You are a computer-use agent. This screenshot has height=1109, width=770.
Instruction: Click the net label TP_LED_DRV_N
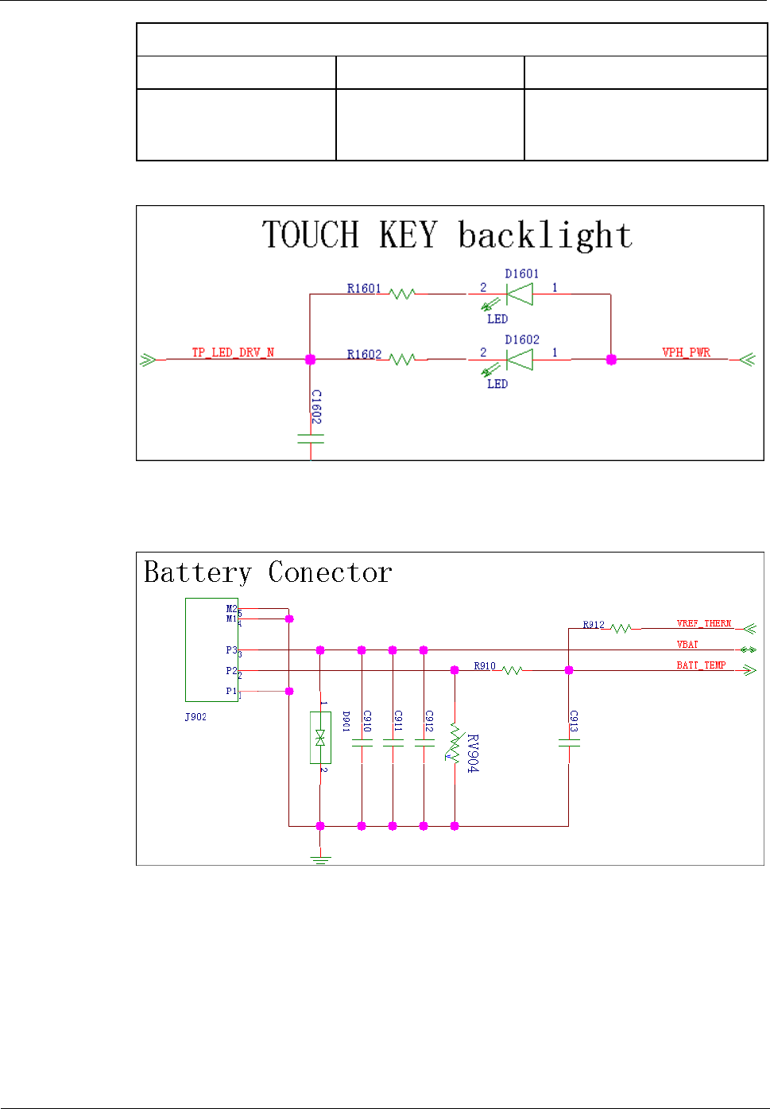click(x=233, y=352)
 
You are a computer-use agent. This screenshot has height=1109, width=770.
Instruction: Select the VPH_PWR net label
click(x=687, y=352)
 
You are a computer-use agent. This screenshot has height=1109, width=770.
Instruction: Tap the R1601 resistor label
click(x=364, y=289)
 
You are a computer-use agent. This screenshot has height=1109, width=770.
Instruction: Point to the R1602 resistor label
click(x=364, y=355)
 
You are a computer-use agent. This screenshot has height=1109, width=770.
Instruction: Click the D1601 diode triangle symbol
click(x=520, y=294)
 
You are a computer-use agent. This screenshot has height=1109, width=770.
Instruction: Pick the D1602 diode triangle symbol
click(x=520, y=360)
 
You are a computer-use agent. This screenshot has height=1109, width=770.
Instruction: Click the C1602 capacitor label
click(x=316, y=406)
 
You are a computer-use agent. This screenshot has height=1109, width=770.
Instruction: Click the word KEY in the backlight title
click(x=408, y=235)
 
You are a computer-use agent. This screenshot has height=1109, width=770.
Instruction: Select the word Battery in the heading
click(x=198, y=573)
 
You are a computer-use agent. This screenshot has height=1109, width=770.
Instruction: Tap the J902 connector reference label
click(x=195, y=717)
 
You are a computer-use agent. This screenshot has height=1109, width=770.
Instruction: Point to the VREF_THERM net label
click(x=704, y=624)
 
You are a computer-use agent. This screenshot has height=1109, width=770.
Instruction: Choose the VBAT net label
click(x=687, y=645)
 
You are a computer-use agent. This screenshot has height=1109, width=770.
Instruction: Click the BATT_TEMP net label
click(x=701, y=665)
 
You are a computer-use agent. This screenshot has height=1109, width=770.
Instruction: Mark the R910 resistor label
click(x=485, y=666)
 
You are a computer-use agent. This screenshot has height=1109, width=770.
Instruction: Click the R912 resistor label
click(x=594, y=625)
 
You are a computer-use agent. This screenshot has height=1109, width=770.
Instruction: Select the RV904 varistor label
click(x=473, y=753)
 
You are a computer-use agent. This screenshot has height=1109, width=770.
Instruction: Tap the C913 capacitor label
click(x=574, y=721)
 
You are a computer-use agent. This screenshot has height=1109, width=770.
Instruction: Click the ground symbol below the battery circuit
click(x=320, y=859)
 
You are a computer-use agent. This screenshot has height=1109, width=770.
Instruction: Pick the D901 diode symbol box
click(x=320, y=738)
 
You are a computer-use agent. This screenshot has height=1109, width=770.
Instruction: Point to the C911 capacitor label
click(x=398, y=721)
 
